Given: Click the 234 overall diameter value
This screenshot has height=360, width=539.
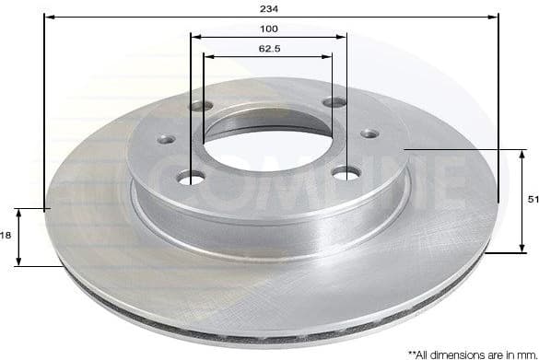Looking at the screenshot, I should point(269,7).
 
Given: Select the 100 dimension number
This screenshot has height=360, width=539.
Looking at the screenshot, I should point(268,29).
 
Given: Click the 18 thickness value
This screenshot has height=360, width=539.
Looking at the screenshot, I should point(6,236).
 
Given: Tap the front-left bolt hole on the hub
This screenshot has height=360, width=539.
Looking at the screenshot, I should point(192,176).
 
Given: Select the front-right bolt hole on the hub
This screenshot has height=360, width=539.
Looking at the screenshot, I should point(345,172).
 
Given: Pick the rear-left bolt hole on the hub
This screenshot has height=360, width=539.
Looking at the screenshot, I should point(200,106).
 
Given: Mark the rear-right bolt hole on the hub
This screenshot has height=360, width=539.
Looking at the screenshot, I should point(334,103).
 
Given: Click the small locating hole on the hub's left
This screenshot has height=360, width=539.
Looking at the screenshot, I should point(166,139).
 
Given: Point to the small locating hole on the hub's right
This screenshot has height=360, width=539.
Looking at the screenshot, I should point(369,134).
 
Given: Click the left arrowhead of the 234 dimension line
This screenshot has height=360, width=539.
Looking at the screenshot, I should point(48,17).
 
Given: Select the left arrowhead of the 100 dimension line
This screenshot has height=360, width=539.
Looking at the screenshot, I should point(194,37).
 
